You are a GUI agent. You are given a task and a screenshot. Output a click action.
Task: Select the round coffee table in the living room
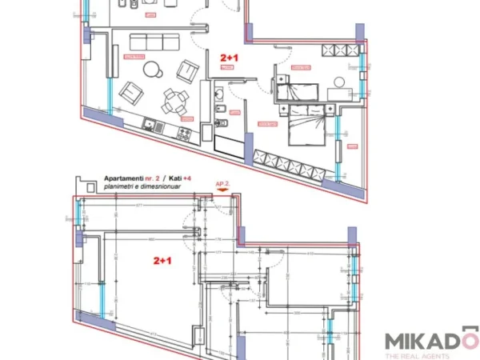[x=153, y=70]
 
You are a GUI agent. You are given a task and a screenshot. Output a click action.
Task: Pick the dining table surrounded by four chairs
[x=172, y=102]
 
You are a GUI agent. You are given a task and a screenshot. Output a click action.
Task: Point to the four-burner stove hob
[x=185, y=129]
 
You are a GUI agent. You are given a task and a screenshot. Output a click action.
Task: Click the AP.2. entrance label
[x=225, y=183]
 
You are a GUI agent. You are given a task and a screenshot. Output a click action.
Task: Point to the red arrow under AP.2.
[x=224, y=192]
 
